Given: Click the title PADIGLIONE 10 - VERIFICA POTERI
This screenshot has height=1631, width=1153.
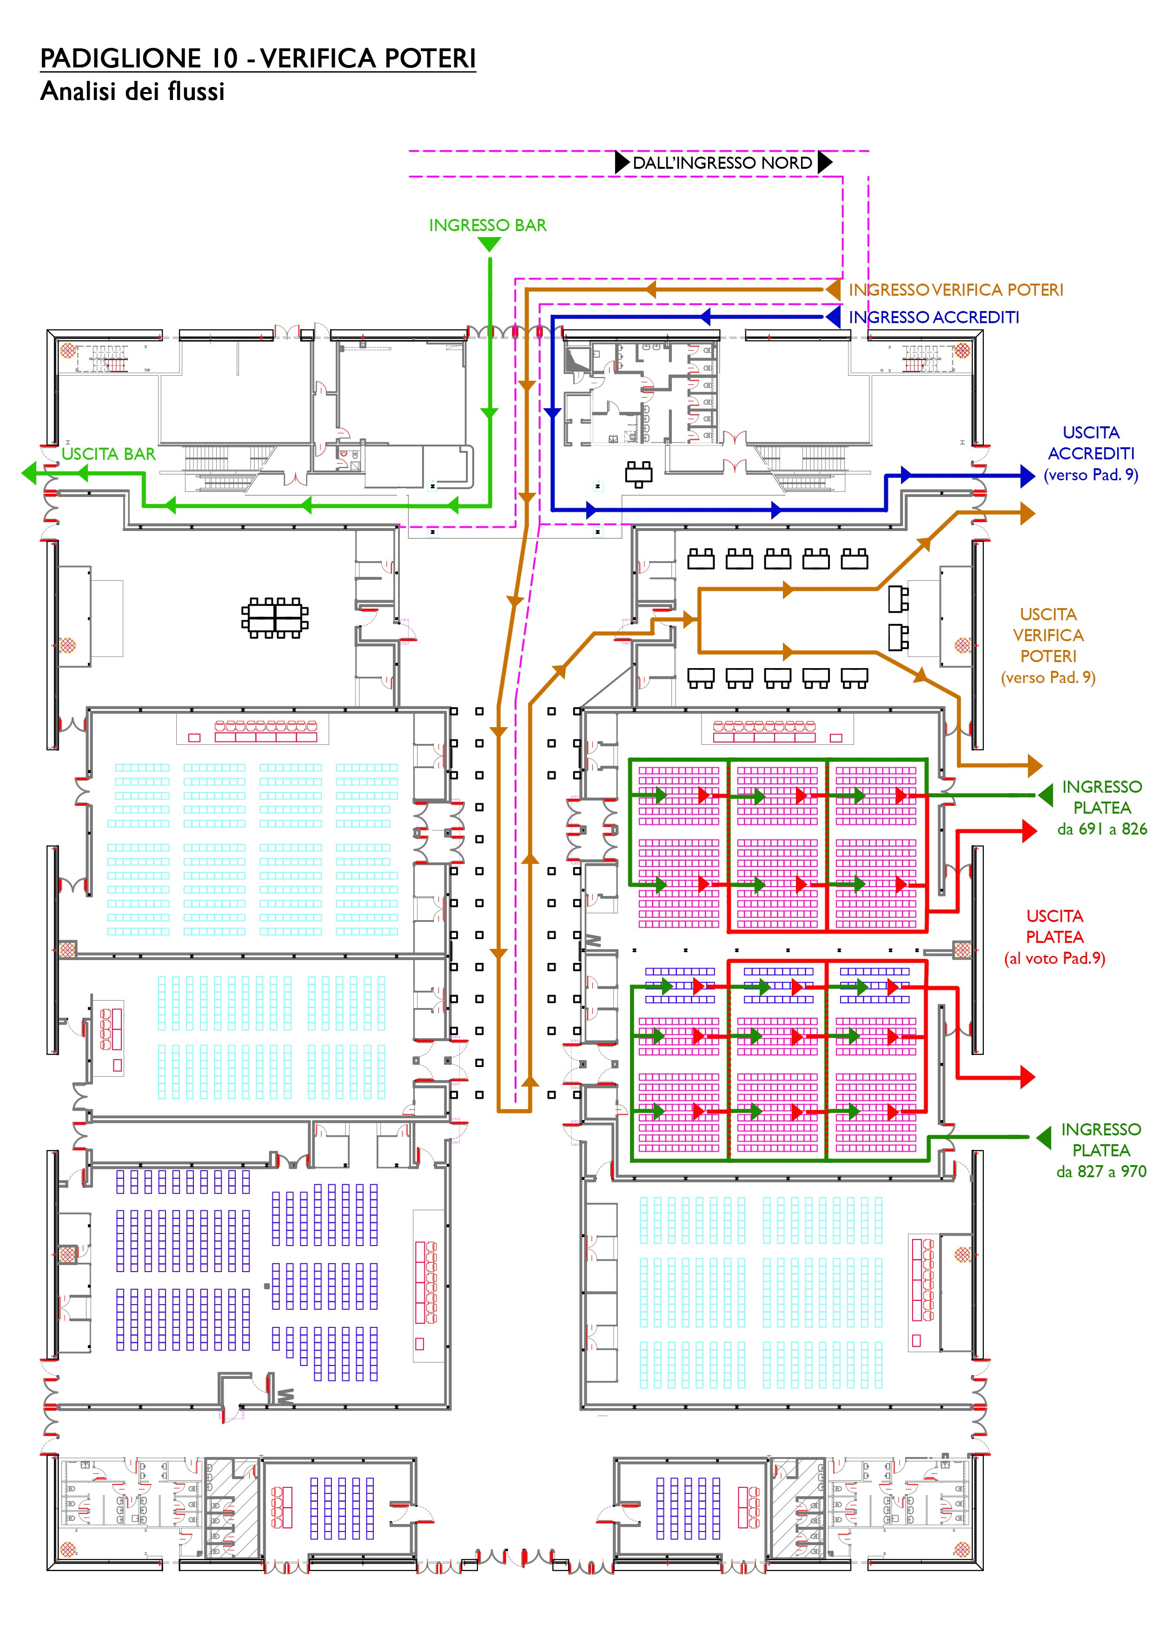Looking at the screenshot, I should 258,58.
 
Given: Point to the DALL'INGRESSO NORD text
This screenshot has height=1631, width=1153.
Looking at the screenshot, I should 722,163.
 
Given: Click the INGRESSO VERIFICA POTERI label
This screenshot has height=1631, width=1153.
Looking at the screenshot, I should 955,290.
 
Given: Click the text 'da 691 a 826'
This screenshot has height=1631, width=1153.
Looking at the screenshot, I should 1101,829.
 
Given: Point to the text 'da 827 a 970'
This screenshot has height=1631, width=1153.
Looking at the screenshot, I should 1100,1171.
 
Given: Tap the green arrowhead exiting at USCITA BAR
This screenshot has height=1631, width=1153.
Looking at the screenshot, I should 30,472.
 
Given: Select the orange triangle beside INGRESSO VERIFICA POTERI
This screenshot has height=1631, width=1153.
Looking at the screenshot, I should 833,290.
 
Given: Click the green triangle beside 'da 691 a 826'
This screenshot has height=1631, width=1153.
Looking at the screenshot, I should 1045,795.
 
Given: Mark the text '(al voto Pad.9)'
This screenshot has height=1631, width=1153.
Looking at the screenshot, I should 1054,958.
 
